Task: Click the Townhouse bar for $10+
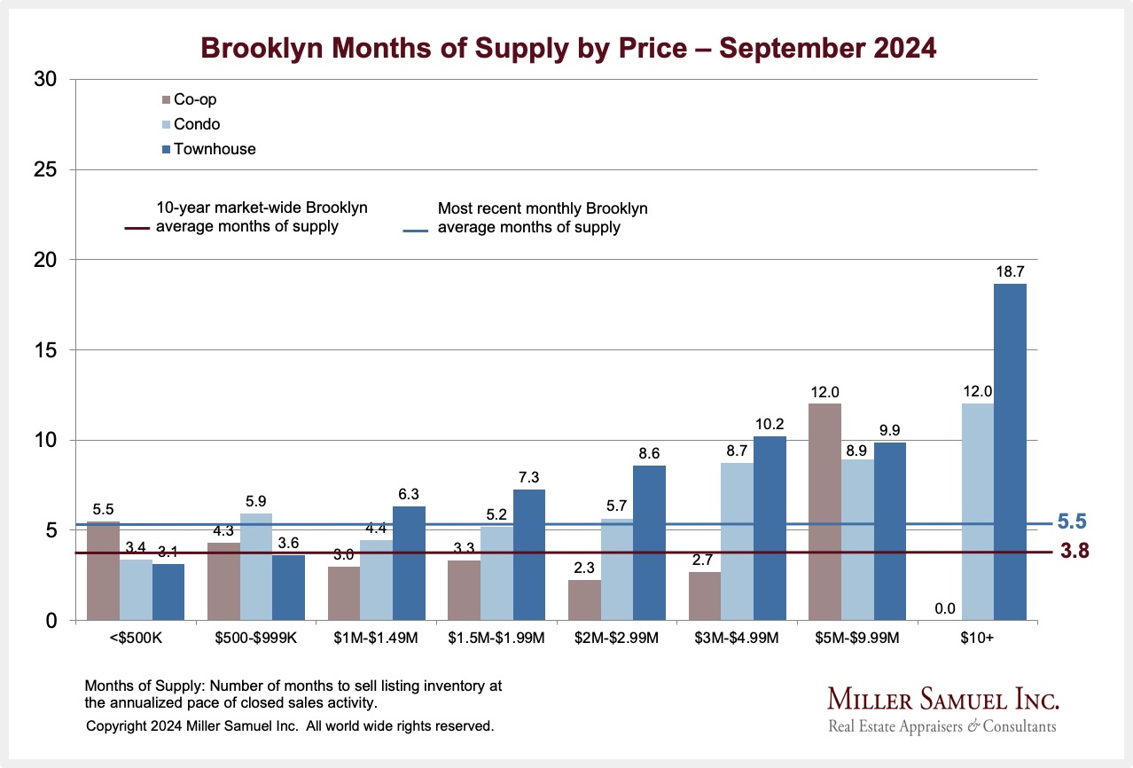pos(1010,452)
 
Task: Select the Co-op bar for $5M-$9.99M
pos(825,513)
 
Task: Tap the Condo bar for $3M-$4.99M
pos(737,542)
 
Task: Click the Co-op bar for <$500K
pos(103,571)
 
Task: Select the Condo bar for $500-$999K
pos(256,567)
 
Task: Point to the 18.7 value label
pos(1010,272)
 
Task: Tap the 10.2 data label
pos(770,425)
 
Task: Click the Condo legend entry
pos(197,124)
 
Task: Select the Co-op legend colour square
pos(167,100)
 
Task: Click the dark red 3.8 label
pos(1074,552)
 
